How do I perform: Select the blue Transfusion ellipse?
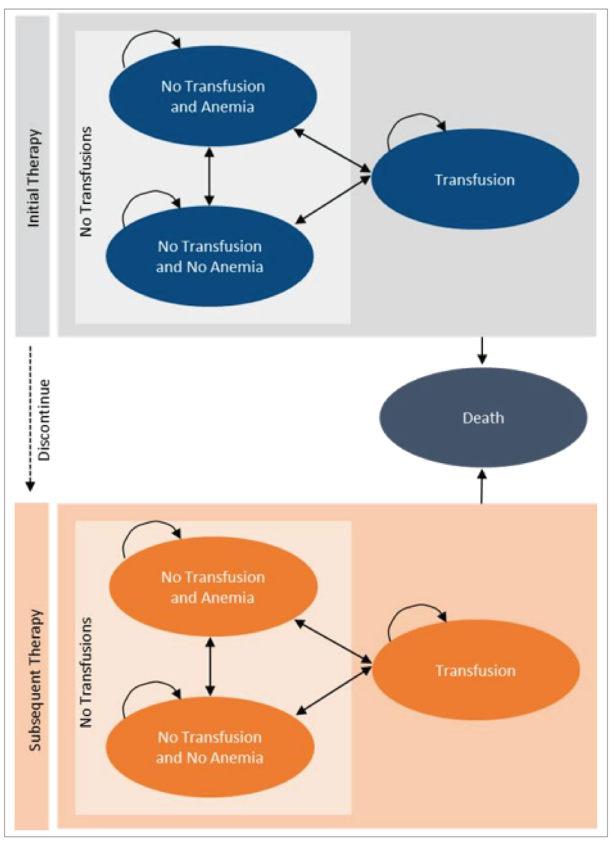click(x=475, y=179)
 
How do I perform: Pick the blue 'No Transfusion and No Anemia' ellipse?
click(x=210, y=257)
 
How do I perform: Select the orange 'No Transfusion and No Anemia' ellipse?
click(x=210, y=747)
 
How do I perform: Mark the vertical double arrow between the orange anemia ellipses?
click(x=210, y=667)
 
